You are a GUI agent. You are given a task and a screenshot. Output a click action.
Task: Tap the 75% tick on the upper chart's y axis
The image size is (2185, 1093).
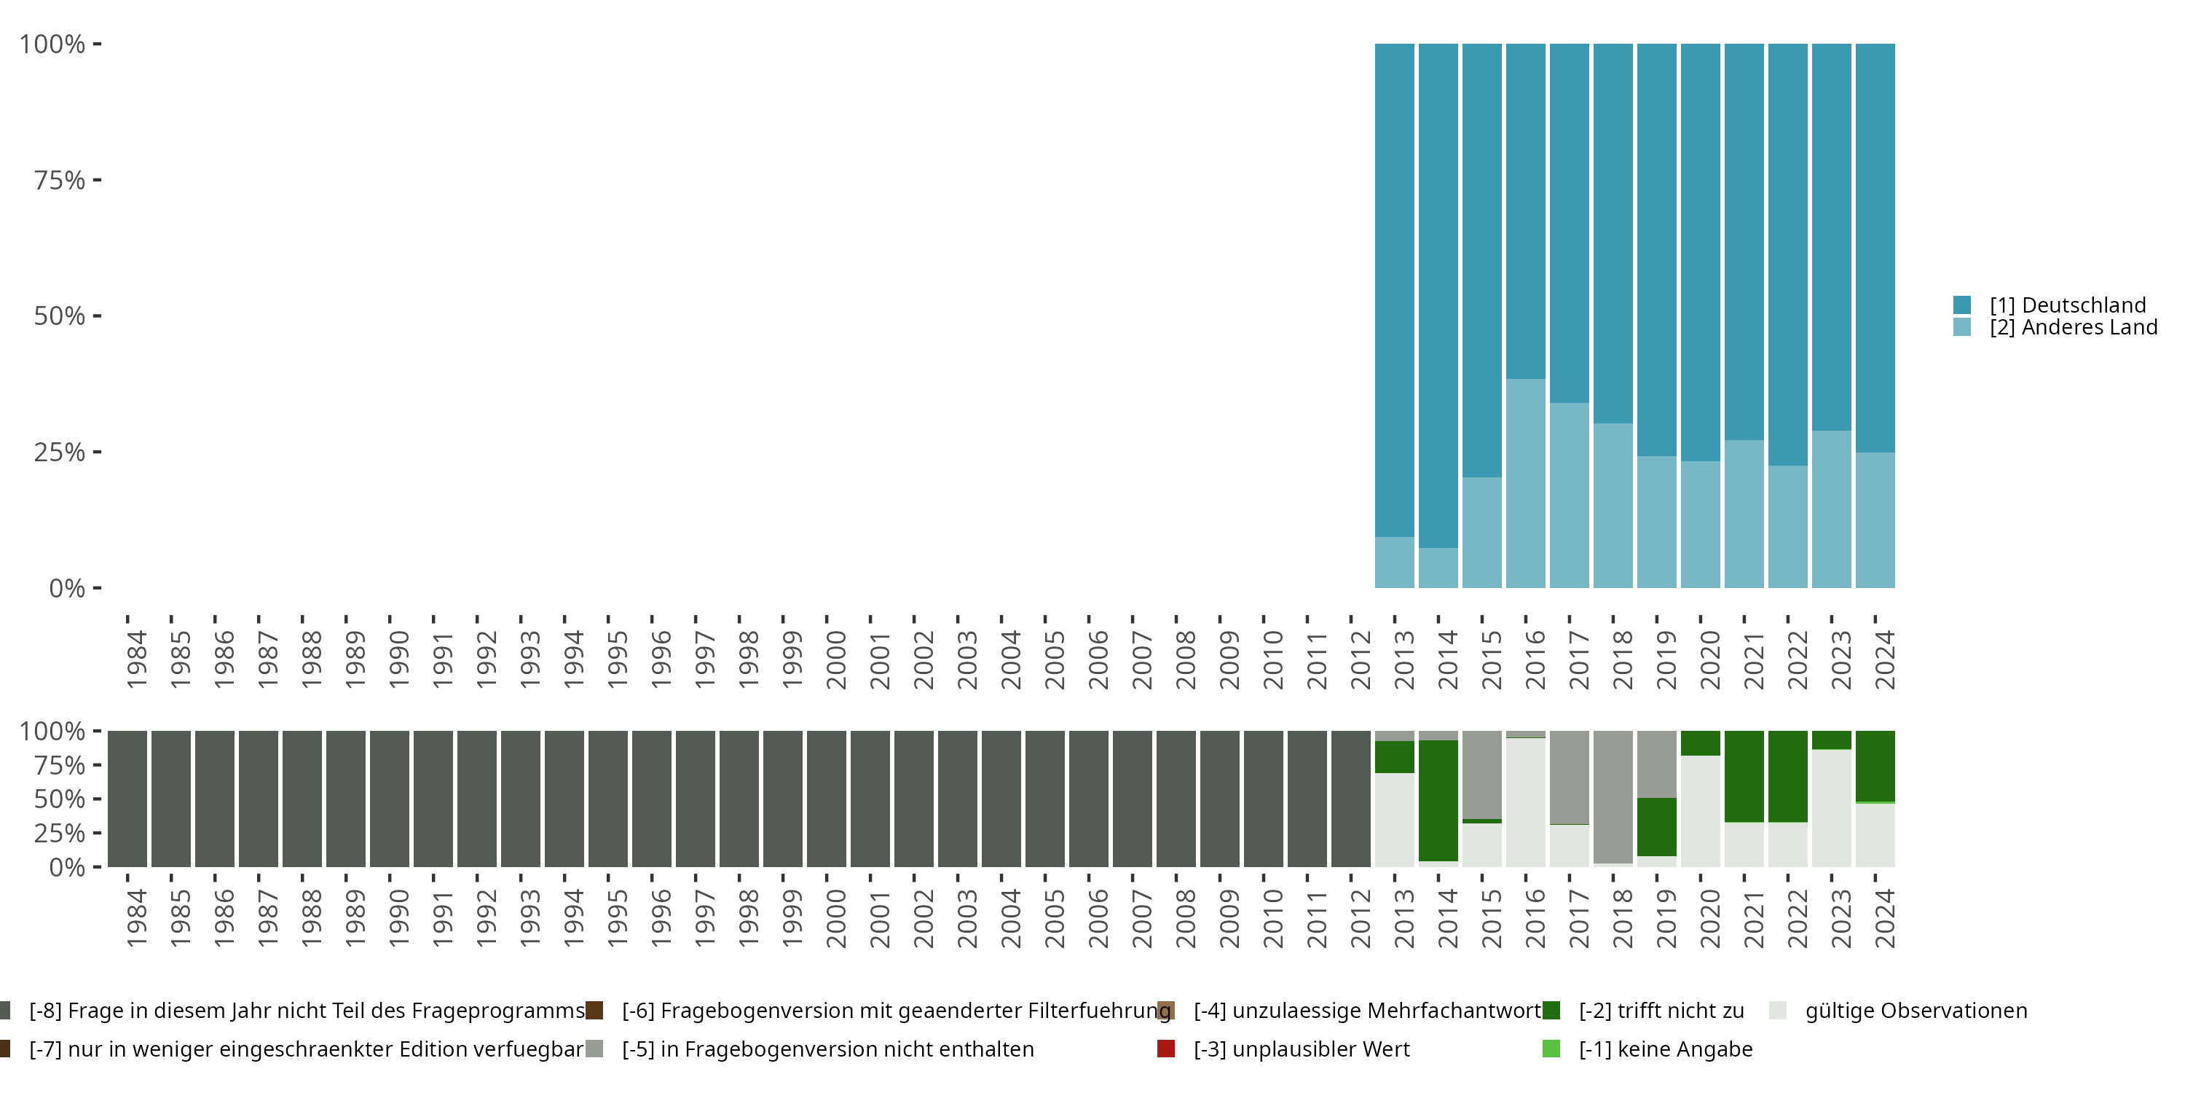click(x=60, y=180)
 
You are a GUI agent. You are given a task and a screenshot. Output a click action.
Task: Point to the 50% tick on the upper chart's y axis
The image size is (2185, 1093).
click(x=60, y=316)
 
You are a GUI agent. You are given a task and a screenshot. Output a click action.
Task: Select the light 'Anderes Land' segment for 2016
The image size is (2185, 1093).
click(x=1525, y=484)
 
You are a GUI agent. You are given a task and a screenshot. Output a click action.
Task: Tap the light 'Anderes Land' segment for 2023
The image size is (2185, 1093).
click(x=1831, y=509)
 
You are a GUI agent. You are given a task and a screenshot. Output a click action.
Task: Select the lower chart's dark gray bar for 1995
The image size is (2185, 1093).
click(x=608, y=799)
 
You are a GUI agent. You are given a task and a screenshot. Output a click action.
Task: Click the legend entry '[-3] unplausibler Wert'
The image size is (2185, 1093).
click(x=1301, y=1049)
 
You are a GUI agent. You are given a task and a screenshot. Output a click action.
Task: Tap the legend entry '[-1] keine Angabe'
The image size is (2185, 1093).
click(x=1665, y=1049)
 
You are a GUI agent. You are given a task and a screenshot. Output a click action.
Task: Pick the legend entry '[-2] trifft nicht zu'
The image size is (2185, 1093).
click(x=1661, y=1011)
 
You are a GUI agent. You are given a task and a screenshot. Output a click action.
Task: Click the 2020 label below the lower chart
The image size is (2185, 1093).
click(x=1710, y=918)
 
